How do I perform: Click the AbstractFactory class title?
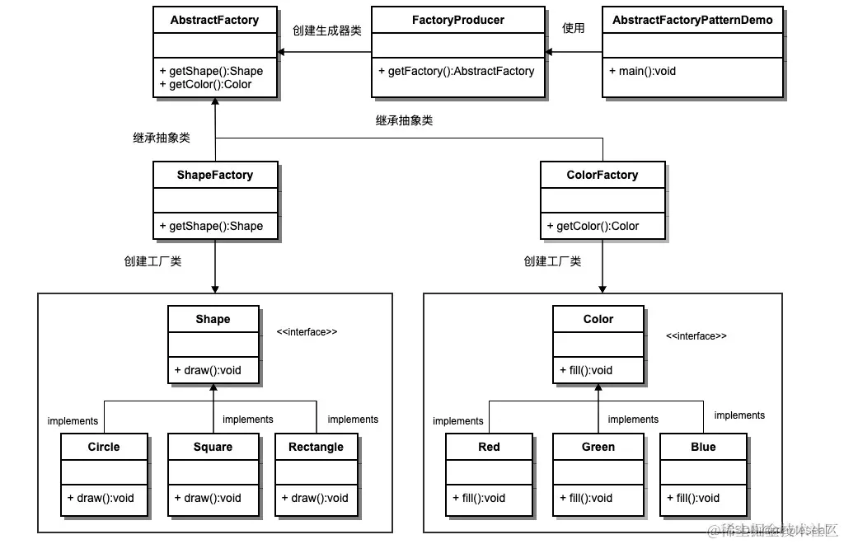pos(214,20)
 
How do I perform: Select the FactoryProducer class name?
pos(457,20)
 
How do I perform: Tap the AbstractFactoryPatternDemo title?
pos(692,20)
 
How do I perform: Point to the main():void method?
pos(643,71)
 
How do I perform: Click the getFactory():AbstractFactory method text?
pos(457,71)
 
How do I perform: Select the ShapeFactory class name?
pos(214,175)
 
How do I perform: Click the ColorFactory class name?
pos(603,175)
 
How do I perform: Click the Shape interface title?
pos(213,319)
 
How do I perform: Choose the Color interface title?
pos(598,319)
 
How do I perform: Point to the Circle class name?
pos(104,447)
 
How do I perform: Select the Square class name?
pos(213,447)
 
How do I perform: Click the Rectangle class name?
pos(316,447)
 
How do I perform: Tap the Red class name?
pos(489,447)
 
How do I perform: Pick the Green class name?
pos(598,447)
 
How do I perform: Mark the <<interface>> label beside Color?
pos(696,336)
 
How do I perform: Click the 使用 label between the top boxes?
pos(573,28)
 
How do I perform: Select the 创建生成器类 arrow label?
pos(326,30)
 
